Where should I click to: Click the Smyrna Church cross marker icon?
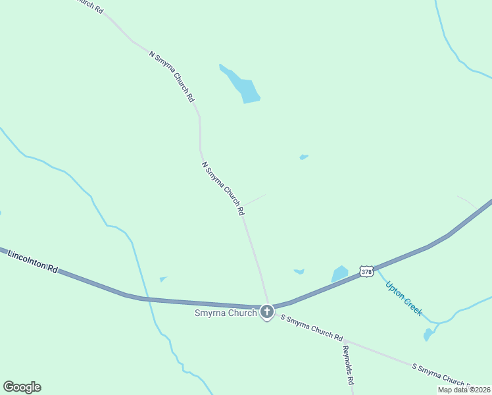tap(266, 312)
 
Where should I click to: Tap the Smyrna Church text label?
tap(225, 313)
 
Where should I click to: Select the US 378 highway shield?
tap(366, 271)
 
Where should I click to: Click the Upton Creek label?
tap(403, 299)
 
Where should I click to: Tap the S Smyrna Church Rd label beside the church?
tap(312, 328)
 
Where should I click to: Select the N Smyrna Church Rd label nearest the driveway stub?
tap(223, 189)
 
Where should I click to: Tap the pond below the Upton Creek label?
tap(428, 334)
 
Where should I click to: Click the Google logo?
tap(22, 387)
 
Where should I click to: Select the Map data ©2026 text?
tap(464, 389)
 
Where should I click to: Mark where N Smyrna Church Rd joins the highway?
tap(268, 304)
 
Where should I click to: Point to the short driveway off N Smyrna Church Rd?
tap(255, 199)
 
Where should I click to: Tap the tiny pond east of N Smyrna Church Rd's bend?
tap(303, 157)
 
